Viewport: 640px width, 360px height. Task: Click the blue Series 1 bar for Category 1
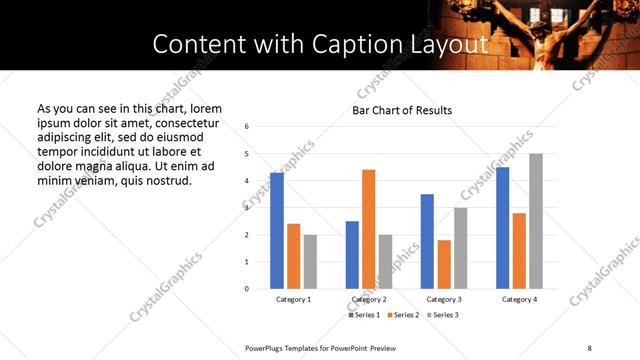point(277,231)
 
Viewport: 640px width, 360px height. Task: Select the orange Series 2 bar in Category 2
point(368,229)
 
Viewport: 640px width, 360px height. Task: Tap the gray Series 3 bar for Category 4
point(536,221)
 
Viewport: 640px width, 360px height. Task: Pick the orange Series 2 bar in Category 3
point(444,264)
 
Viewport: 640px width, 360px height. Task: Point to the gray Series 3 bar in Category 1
point(310,262)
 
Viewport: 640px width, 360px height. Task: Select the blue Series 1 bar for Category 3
point(427,241)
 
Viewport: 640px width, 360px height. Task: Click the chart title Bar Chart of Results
point(402,110)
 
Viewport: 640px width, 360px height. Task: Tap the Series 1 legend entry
point(365,315)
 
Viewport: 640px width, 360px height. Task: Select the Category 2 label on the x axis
point(368,300)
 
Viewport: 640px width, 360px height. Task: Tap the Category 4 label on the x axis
point(519,300)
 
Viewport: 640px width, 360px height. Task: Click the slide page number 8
point(589,347)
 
